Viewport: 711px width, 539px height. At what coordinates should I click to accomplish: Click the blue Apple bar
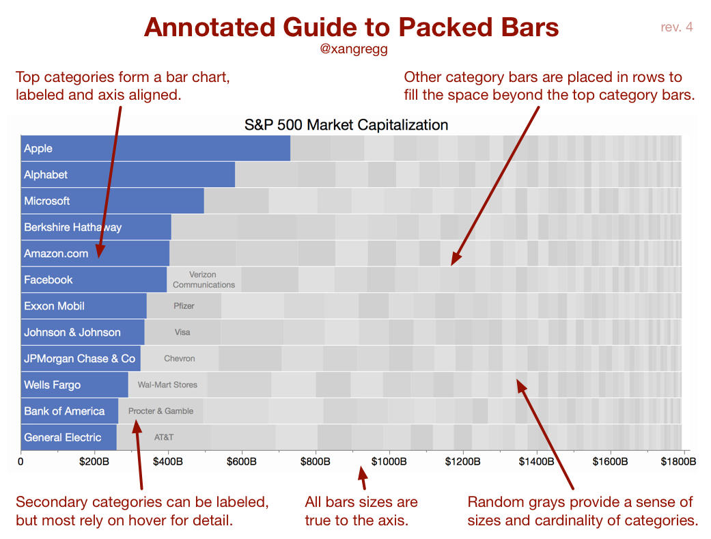coord(156,148)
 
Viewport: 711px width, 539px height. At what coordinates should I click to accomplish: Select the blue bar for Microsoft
coord(113,201)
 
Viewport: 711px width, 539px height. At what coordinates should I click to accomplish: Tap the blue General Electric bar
coord(68,437)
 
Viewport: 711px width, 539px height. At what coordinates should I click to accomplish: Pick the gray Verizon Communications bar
coord(204,279)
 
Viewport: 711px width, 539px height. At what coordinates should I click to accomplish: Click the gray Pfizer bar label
coord(184,306)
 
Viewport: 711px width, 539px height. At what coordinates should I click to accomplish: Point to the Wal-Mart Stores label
coord(167,385)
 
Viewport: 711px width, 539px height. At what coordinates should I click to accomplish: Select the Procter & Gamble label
coord(161,411)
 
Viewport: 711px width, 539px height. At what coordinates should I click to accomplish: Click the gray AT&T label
coord(164,437)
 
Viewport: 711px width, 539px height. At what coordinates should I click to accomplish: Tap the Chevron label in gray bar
coord(180,359)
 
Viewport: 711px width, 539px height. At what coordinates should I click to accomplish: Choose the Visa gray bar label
coord(182,332)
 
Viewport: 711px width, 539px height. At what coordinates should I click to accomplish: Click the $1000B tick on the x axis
coord(389,462)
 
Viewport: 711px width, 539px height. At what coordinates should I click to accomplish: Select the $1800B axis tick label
coord(678,462)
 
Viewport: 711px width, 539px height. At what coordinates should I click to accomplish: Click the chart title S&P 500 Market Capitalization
coord(346,125)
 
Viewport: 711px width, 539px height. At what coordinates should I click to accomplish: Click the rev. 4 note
coord(676,27)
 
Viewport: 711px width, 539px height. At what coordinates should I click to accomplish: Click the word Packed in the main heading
coord(445,27)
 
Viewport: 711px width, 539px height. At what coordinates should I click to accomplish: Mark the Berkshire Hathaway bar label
coord(72,227)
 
